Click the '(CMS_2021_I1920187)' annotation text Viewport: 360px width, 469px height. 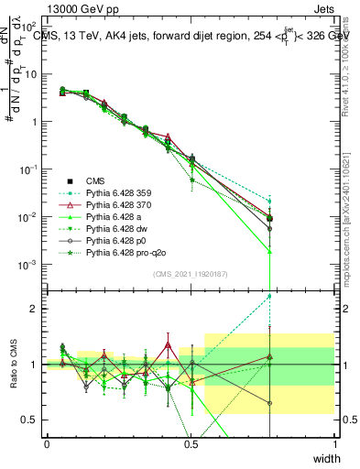tap(190, 273)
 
